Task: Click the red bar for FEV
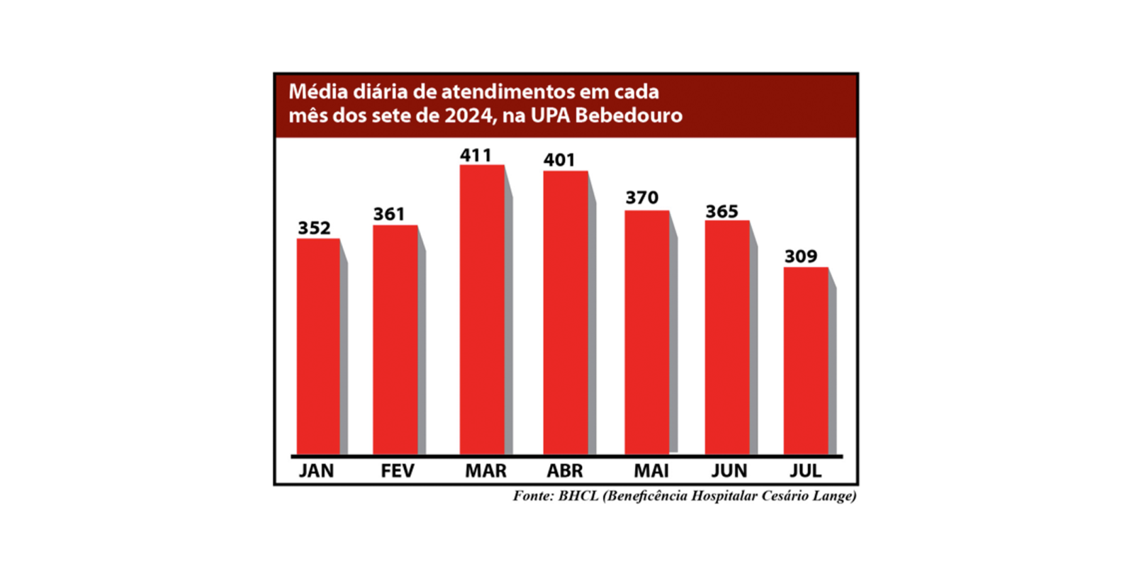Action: [x=395, y=339]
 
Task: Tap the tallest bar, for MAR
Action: [x=482, y=309]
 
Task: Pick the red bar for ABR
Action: [x=566, y=312]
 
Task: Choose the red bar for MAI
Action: [x=646, y=332]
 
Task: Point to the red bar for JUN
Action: [x=726, y=337]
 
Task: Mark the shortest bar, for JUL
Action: [x=806, y=360]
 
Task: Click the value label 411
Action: [x=476, y=155]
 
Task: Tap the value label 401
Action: [x=559, y=160]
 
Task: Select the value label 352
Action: [x=314, y=228]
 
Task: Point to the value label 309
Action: [x=801, y=256]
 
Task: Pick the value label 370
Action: [x=641, y=198]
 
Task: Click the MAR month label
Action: [x=485, y=471]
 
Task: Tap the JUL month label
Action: [x=806, y=471]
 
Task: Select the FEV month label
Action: [x=397, y=471]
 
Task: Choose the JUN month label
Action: [x=729, y=471]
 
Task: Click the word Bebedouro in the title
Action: [x=629, y=115]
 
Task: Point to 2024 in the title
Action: [x=470, y=115]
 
